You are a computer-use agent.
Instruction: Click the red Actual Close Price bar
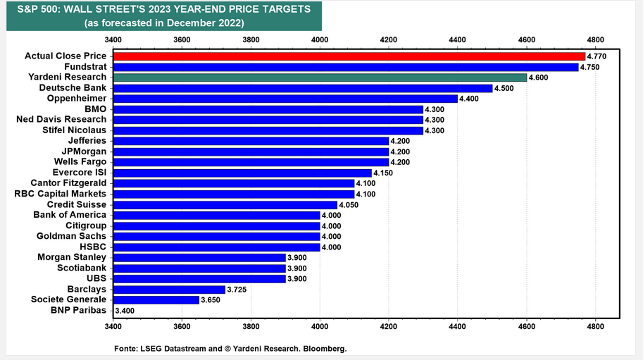(x=349, y=56)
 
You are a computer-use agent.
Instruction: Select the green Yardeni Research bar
(x=320, y=77)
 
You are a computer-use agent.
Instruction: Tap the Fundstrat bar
(x=346, y=67)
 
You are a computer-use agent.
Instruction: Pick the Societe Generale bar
(x=156, y=300)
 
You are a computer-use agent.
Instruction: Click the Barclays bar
(x=169, y=289)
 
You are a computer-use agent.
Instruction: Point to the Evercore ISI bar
(x=242, y=173)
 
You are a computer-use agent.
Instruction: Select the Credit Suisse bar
(x=225, y=204)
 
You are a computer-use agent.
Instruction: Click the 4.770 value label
(x=596, y=56)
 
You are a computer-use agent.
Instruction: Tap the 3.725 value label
(x=237, y=289)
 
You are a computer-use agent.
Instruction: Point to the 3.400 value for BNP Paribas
(x=125, y=311)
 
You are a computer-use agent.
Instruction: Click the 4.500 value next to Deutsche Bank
(x=504, y=88)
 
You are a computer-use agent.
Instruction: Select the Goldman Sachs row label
(x=71, y=236)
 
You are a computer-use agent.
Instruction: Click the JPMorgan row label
(x=84, y=151)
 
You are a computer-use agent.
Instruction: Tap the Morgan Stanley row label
(x=72, y=257)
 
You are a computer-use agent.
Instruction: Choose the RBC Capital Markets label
(x=60, y=194)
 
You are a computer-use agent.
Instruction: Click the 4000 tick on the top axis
(x=320, y=40)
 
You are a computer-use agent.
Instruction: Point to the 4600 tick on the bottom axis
(x=527, y=326)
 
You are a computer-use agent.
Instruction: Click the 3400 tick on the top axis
(x=113, y=40)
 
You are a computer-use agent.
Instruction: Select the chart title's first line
(x=164, y=9)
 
